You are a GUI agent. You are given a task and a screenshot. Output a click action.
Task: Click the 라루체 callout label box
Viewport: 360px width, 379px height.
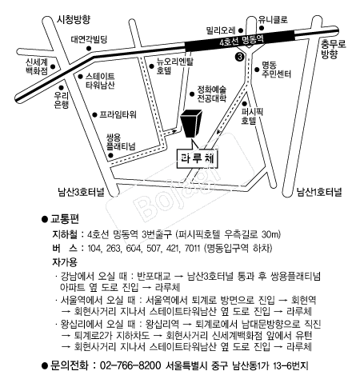click(x=198, y=159)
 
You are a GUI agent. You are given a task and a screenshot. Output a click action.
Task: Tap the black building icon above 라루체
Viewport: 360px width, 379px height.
click(x=191, y=123)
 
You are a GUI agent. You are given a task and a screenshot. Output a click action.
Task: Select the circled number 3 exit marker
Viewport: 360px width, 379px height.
click(x=240, y=57)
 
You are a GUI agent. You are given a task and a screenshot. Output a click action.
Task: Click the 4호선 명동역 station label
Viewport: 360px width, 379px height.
click(x=242, y=41)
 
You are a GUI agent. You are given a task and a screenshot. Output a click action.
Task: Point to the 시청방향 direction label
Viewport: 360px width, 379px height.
click(x=74, y=19)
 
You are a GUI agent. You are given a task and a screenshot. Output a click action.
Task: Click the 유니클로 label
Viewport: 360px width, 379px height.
click(x=273, y=19)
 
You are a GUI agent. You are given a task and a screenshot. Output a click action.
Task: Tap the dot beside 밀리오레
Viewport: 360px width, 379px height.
click(x=241, y=30)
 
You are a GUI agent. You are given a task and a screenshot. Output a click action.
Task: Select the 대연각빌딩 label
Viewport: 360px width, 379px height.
click(x=89, y=39)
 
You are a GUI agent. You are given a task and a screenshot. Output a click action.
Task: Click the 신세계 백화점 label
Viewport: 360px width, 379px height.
click(x=37, y=66)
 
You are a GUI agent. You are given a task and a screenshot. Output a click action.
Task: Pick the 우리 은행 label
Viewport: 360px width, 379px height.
click(x=62, y=100)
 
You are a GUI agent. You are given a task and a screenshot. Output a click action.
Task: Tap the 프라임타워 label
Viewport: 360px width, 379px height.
click(x=118, y=114)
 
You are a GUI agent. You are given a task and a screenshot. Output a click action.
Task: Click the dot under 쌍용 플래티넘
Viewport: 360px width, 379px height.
click(x=110, y=155)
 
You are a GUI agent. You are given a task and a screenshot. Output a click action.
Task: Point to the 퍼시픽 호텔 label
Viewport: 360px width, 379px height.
click(x=252, y=116)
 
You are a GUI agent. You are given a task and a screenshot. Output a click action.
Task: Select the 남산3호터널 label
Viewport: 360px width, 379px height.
click(x=81, y=192)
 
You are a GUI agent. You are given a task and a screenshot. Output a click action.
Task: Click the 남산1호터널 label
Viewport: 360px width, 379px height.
click(x=319, y=192)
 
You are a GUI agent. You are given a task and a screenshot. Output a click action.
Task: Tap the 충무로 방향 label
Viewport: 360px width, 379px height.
click(x=333, y=49)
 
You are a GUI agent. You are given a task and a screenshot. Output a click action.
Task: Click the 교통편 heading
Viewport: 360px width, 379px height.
click(x=65, y=219)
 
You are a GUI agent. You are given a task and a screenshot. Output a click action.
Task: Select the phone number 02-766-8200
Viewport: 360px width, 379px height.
click(x=130, y=365)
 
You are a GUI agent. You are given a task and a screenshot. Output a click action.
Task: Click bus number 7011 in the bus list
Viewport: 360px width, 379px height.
click(x=192, y=249)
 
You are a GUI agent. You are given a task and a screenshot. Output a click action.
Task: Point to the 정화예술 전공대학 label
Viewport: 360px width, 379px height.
click(x=212, y=94)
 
